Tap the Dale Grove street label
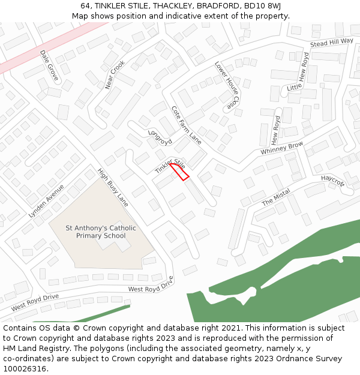49,65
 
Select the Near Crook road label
115,74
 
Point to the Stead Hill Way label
332,43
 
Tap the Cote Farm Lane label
186,125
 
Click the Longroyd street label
160,137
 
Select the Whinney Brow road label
281,149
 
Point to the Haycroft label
333,181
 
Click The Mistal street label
276,197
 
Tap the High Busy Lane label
113,187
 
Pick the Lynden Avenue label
46,200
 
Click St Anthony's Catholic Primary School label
101,232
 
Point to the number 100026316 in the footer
25,368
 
